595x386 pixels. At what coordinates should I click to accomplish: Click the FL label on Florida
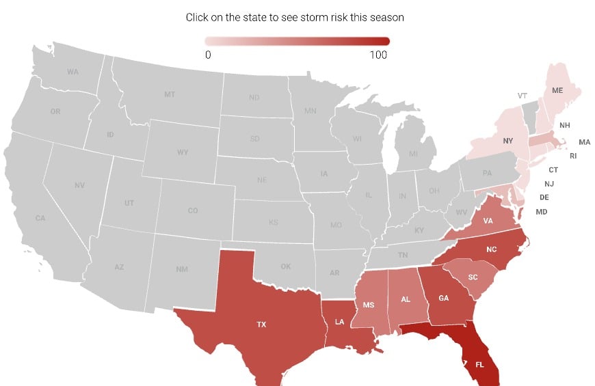click(x=479, y=364)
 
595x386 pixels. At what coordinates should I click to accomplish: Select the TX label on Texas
click(x=261, y=325)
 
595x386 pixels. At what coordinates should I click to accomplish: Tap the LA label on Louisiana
click(x=340, y=322)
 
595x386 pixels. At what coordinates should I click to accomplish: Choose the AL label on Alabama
click(x=406, y=299)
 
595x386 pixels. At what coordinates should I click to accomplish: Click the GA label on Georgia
click(x=443, y=297)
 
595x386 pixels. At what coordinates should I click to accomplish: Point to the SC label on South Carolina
click(x=473, y=277)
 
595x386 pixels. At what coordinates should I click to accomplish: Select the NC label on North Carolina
click(x=491, y=249)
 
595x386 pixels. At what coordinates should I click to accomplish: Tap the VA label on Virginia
click(x=488, y=221)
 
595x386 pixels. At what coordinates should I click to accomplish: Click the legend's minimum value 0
click(x=208, y=55)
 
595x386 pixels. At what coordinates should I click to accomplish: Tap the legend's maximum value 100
click(x=379, y=55)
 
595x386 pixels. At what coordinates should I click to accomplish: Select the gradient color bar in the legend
click(x=297, y=40)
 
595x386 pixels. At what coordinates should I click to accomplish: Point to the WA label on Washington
click(x=72, y=72)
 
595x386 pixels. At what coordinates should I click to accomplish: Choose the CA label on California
click(x=40, y=218)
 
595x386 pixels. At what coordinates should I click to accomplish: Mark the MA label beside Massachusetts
click(x=584, y=142)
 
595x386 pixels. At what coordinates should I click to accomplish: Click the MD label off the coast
click(x=541, y=212)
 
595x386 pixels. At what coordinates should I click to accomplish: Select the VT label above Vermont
click(x=523, y=96)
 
